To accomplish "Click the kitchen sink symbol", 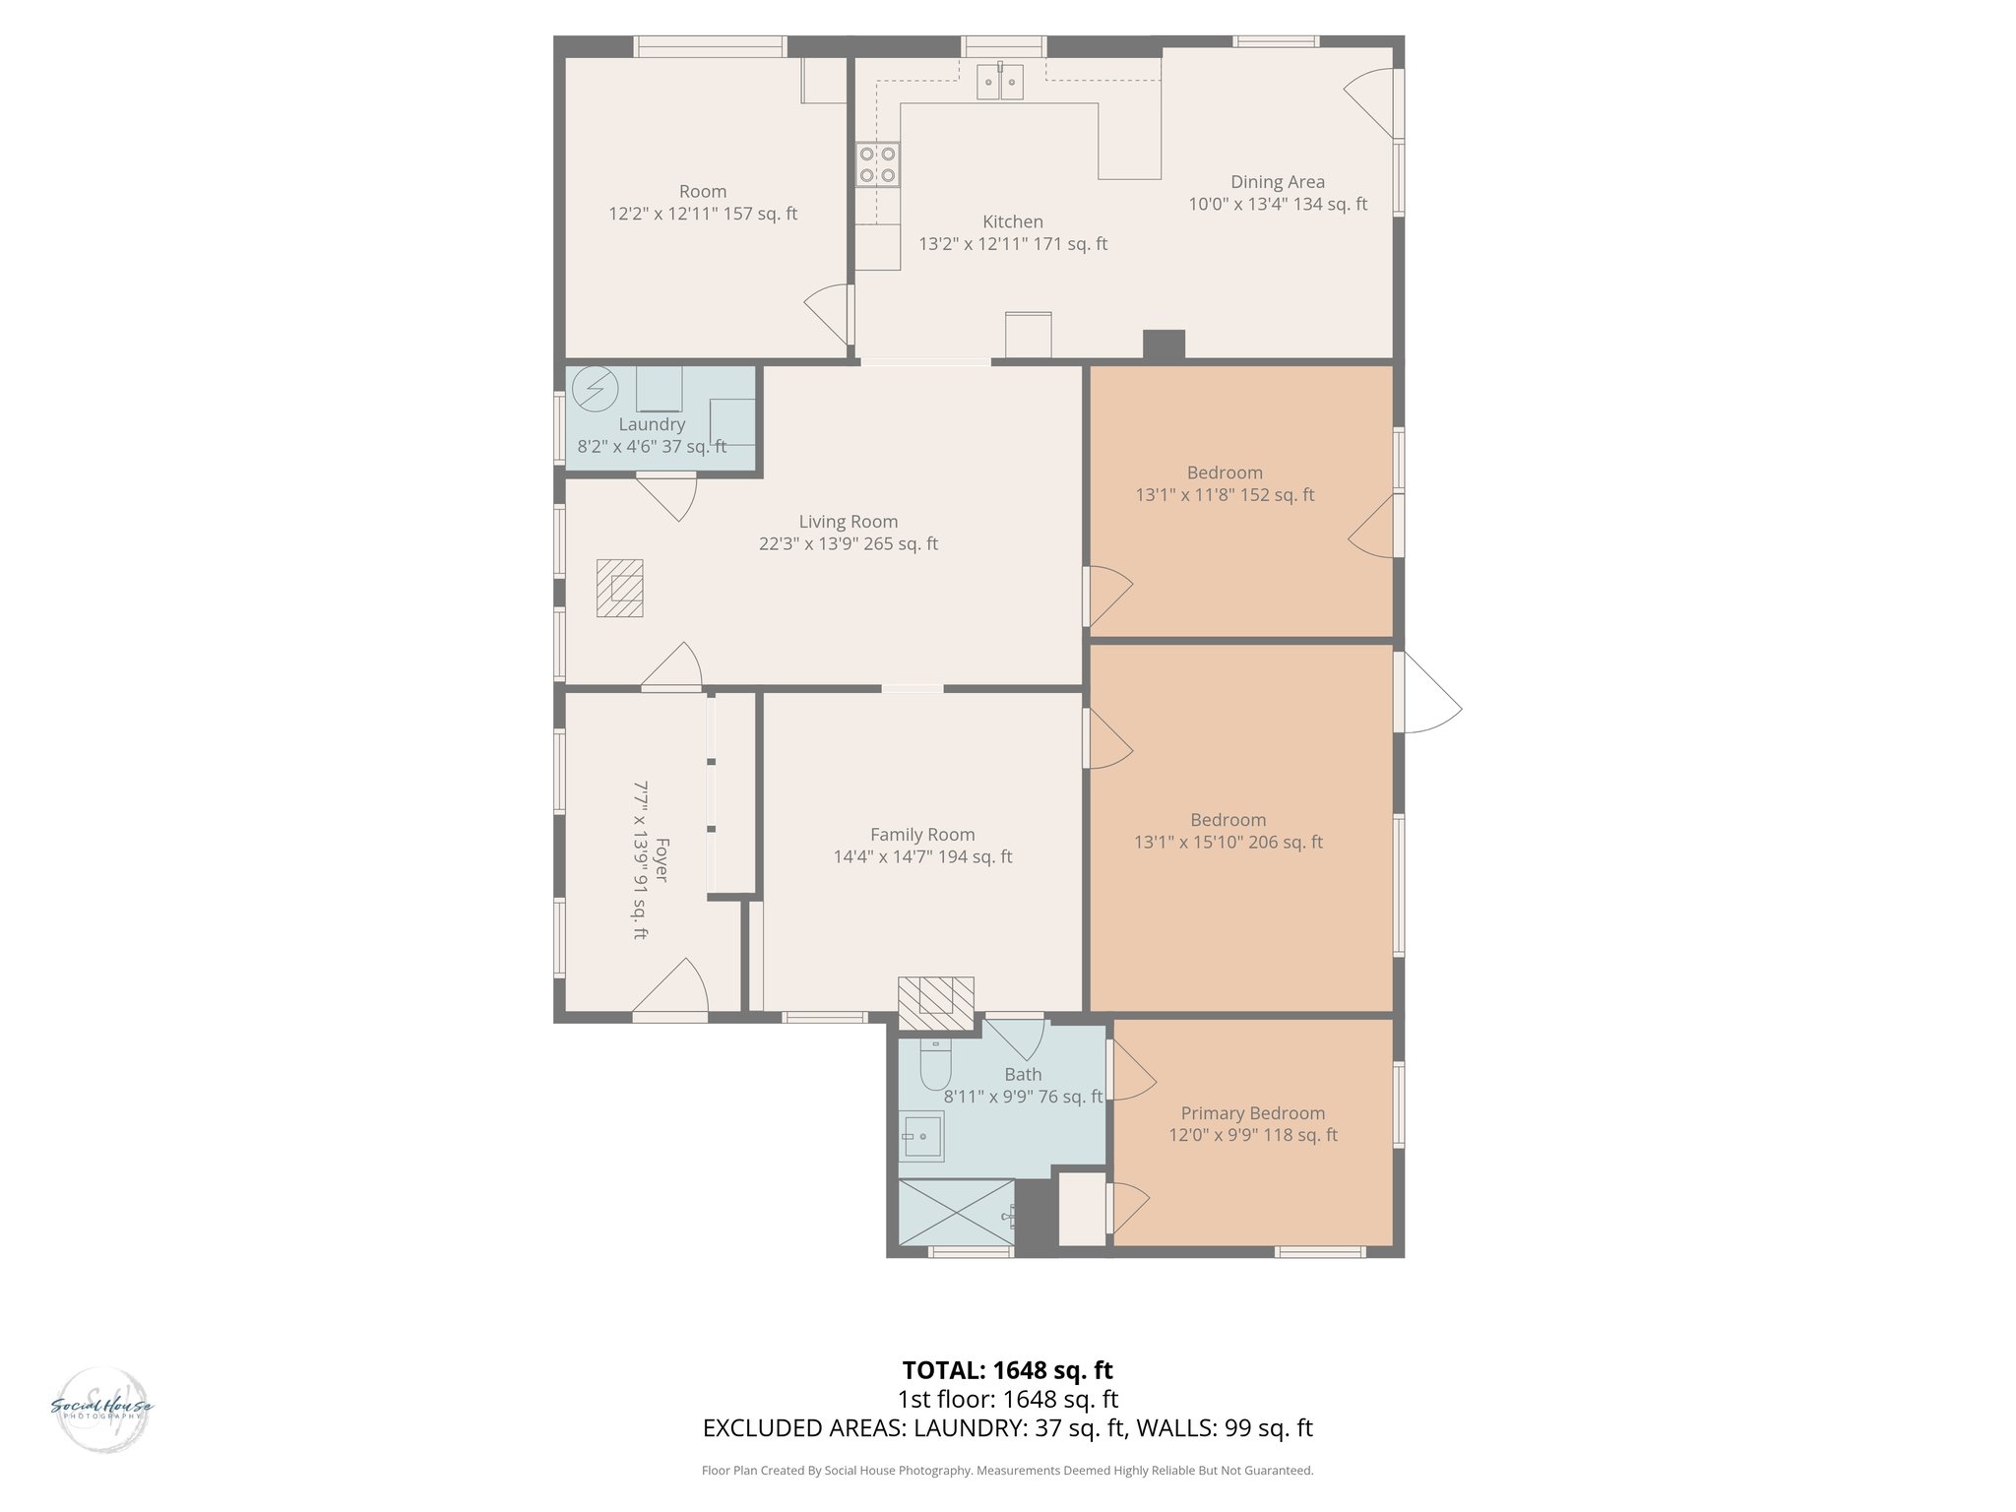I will (1000, 82).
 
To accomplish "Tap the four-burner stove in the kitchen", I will (877, 164).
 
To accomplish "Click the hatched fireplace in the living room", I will (619, 589).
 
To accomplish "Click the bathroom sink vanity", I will (921, 1136).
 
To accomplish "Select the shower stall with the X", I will (957, 1214).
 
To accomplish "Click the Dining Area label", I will (1277, 182).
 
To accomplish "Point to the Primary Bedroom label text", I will (1252, 1113).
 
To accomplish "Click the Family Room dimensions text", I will (922, 856).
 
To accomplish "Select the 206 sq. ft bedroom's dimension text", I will (1228, 842).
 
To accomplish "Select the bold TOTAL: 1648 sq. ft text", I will (1007, 1370).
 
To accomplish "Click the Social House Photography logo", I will (101, 1408).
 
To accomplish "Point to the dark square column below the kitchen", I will (1164, 345).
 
